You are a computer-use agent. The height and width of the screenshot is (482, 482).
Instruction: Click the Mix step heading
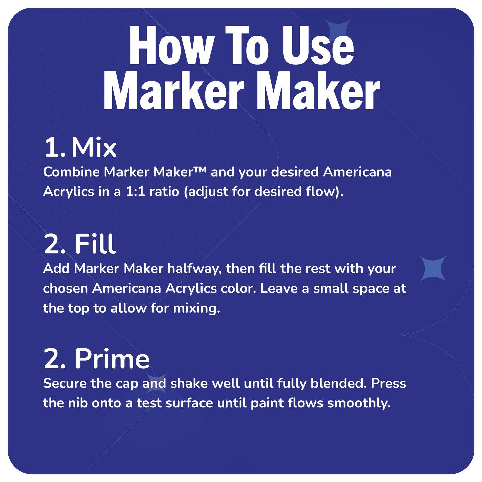(94, 147)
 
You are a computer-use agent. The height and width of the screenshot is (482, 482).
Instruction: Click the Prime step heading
(112, 359)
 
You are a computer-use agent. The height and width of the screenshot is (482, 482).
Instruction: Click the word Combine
(71, 172)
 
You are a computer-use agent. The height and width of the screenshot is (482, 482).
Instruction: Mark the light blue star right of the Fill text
(433, 269)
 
